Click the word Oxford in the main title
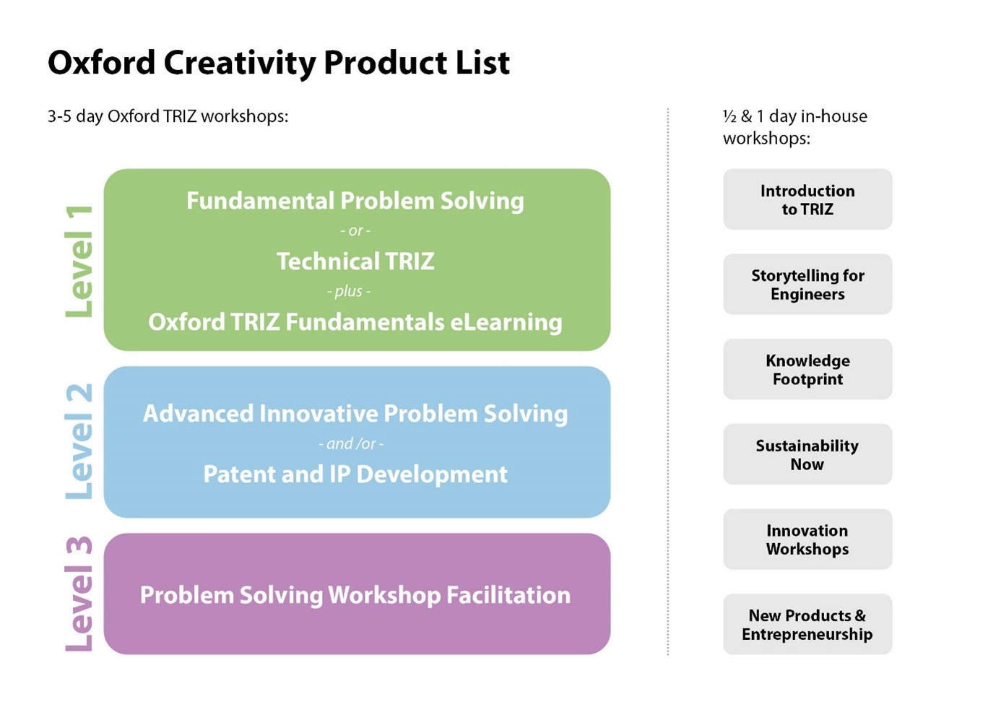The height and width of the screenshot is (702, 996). (x=101, y=63)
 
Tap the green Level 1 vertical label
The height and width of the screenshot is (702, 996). (x=79, y=261)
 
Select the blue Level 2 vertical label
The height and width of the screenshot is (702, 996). (x=79, y=441)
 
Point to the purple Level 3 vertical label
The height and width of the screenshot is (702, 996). (x=79, y=594)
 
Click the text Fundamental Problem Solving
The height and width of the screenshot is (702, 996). (x=355, y=201)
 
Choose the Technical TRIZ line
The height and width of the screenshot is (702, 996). (x=355, y=261)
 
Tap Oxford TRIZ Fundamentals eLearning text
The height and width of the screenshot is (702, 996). (x=355, y=322)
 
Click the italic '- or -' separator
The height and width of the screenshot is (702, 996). (x=355, y=231)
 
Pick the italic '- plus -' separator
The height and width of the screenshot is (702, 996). (x=349, y=291)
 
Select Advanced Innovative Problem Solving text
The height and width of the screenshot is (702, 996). (x=355, y=414)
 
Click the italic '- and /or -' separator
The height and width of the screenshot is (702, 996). (x=351, y=443)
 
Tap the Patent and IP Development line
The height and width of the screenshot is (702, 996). (x=355, y=474)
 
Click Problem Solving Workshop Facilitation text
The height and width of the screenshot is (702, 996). (x=355, y=595)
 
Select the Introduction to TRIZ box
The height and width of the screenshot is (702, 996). (x=807, y=200)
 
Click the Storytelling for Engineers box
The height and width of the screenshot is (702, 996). (x=807, y=285)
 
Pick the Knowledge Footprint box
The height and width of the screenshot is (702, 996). (x=807, y=370)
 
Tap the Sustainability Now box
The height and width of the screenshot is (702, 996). (x=807, y=455)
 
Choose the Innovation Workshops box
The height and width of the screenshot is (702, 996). (x=807, y=539)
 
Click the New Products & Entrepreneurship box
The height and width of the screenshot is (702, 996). (x=807, y=625)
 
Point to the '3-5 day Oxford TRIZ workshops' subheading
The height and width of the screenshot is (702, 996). (x=168, y=116)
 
